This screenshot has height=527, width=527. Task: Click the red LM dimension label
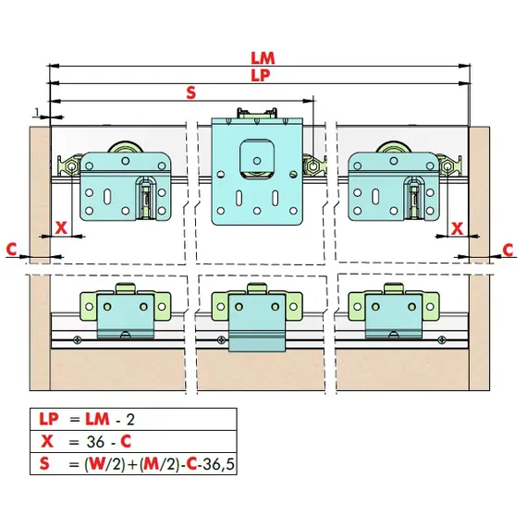click(x=263, y=58)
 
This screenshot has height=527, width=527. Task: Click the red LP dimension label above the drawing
click(x=261, y=75)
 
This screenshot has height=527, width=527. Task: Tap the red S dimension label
click(x=190, y=92)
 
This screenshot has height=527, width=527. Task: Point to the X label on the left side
click(x=61, y=228)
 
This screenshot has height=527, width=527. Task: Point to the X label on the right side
click(x=457, y=229)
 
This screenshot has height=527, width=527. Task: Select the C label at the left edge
click(x=11, y=249)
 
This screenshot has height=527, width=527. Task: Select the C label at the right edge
click(x=508, y=250)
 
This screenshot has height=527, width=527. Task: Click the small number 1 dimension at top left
click(x=37, y=112)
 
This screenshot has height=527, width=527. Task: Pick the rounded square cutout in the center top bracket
click(x=257, y=155)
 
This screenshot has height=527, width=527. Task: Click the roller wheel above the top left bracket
click(x=126, y=147)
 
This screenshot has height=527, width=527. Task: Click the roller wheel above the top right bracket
click(x=394, y=147)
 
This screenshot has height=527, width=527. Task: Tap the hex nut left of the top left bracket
click(x=71, y=166)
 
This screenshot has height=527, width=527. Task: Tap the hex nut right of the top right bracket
click(x=447, y=166)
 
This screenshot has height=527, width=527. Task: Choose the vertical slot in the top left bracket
click(x=107, y=196)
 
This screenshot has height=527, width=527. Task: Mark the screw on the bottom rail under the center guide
click(x=221, y=339)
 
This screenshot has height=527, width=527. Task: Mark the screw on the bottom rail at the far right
click(x=442, y=340)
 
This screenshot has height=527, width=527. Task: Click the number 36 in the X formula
click(x=95, y=441)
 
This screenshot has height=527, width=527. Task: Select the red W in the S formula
click(x=97, y=464)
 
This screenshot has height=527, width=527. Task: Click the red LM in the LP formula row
click(x=97, y=419)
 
